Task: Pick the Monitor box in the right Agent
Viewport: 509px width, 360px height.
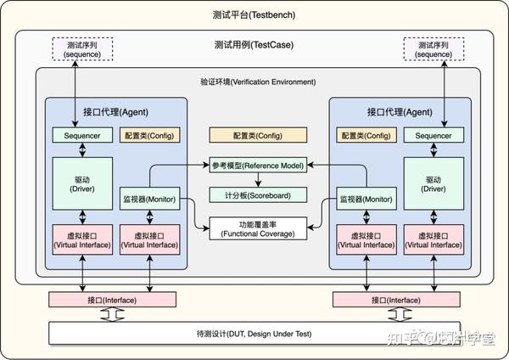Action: pos(366,199)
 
